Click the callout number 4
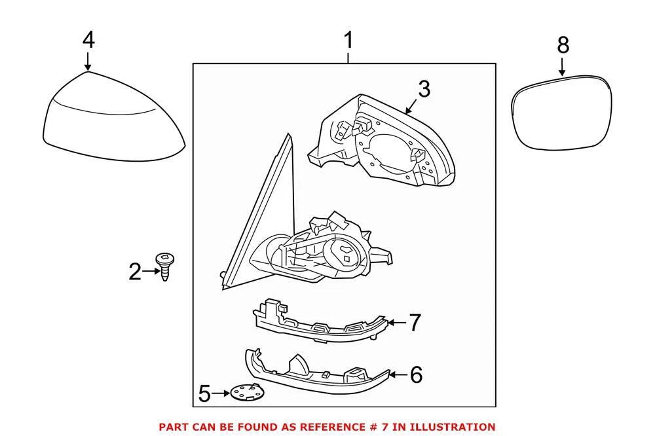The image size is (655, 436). tap(88, 41)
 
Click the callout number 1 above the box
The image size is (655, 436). tap(348, 40)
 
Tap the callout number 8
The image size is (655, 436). tap(563, 45)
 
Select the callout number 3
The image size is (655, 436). tap(424, 90)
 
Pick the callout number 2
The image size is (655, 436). tap(134, 272)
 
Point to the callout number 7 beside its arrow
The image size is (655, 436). tap(415, 323)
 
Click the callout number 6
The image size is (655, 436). tap(416, 374)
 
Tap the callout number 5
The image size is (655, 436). tap(204, 394)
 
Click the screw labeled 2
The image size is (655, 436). tap(164, 266)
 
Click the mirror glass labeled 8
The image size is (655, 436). tap(561, 113)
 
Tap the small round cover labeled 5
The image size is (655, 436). tap(247, 393)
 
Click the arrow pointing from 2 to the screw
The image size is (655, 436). tap(151, 272)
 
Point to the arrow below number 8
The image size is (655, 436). tap(563, 66)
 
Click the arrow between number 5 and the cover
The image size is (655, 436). tap(221, 393)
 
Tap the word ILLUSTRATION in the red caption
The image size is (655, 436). tap(453, 427)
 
